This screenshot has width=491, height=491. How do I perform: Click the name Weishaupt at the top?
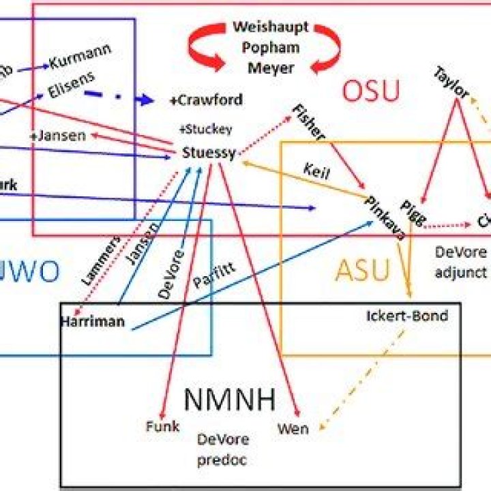271,27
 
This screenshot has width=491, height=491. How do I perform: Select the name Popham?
271,48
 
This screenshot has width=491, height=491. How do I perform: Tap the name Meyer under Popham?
271,68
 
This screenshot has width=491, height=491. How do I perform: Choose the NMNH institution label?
230,398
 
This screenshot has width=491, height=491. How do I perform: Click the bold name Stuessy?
209,153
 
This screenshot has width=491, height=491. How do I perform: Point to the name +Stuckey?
205,129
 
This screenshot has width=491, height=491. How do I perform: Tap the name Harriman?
92,321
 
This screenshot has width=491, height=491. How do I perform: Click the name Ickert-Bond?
407,316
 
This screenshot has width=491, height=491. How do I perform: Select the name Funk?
162,426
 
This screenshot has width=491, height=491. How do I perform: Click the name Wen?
293,428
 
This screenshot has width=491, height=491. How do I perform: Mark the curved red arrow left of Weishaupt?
203,50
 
